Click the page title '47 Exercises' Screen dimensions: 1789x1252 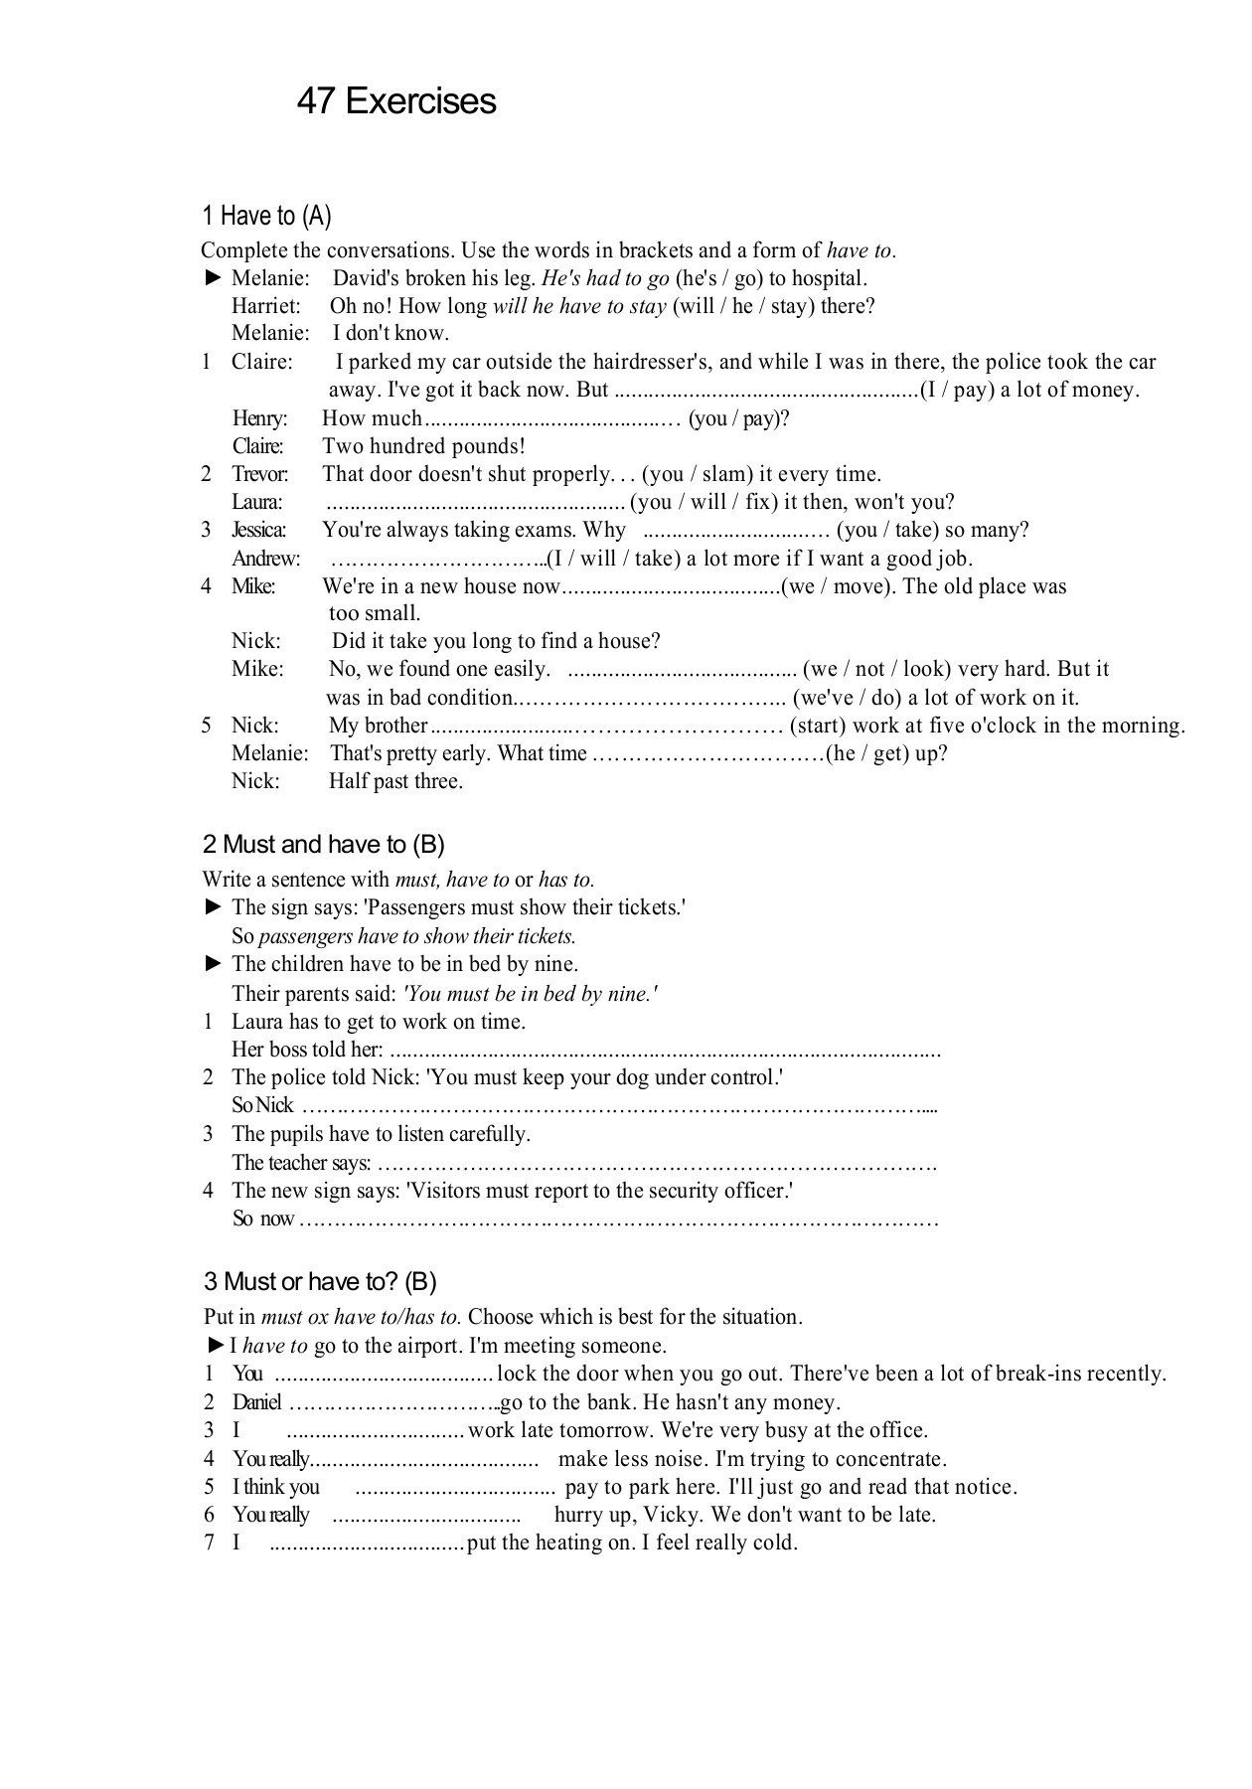pyautogui.click(x=395, y=101)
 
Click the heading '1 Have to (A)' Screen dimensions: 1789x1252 pyautogui.click(x=266, y=216)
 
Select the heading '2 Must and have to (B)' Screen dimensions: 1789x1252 pyautogui.click(x=323, y=845)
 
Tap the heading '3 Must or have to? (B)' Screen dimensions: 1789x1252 pyautogui.click(x=320, y=1281)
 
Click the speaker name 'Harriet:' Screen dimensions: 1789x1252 pyautogui.click(x=266, y=306)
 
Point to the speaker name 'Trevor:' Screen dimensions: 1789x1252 pyautogui.click(x=260, y=474)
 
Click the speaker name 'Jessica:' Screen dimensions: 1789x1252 pyautogui.click(x=259, y=530)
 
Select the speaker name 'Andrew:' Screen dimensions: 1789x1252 pyautogui.click(x=265, y=559)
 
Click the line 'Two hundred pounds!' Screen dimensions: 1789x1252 pyautogui.click(x=423, y=446)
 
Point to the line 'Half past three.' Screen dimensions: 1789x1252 pyautogui.click(x=395, y=781)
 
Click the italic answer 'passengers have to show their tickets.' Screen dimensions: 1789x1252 pyautogui.click(x=417, y=936)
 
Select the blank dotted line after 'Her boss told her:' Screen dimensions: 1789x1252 pyautogui.click(x=666, y=1051)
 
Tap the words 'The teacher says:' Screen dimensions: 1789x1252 pyautogui.click(x=301, y=1163)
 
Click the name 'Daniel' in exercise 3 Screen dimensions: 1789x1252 pyautogui.click(x=257, y=1402)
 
